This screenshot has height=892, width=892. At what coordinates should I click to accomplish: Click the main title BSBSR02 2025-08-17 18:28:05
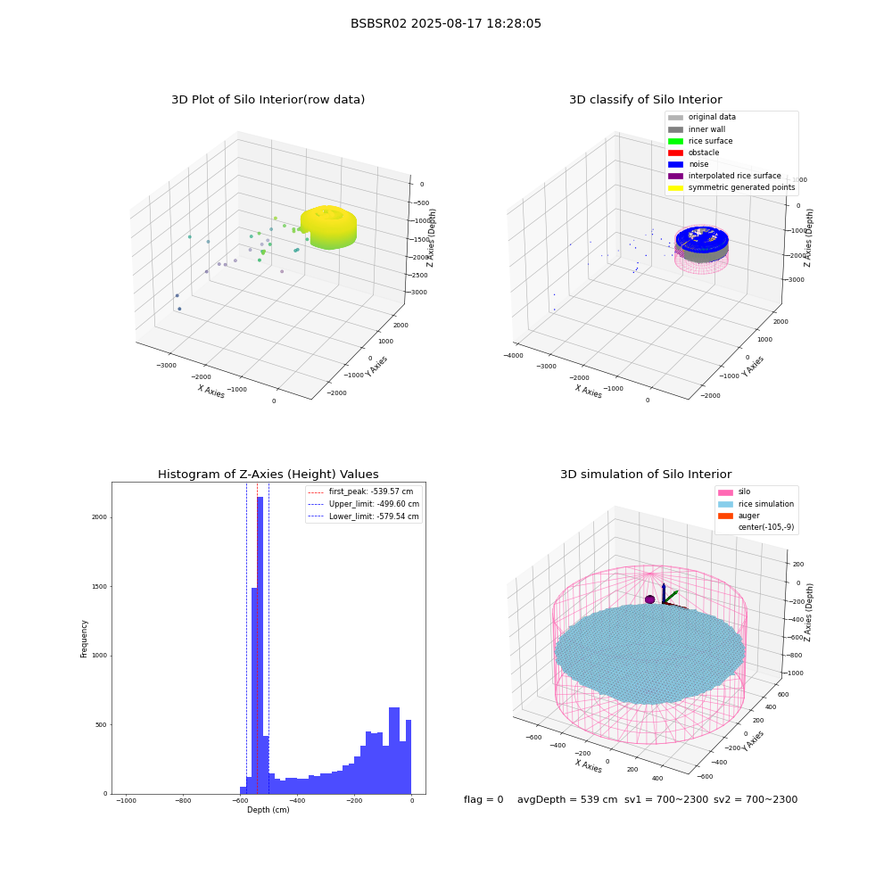[x=445, y=23]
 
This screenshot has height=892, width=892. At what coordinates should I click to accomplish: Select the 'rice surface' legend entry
[x=700, y=141]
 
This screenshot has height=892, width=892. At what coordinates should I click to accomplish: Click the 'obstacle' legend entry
[x=693, y=153]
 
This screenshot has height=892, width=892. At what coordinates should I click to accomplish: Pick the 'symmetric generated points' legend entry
[x=731, y=187]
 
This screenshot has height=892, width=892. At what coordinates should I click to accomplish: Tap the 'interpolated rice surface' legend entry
[x=724, y=176]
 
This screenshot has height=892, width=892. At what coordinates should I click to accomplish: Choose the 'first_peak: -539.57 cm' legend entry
[x=360, y=491]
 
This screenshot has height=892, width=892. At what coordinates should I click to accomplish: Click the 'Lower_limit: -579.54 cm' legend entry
[x=364, y=516]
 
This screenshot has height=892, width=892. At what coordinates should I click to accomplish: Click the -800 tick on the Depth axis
[x=183, y=800]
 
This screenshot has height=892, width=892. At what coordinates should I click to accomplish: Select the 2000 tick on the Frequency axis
[x=100, y=517]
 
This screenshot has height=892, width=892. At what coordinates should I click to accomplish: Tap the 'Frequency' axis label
[x=84, y=639]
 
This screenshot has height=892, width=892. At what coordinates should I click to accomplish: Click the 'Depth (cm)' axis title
[x=268, y=810]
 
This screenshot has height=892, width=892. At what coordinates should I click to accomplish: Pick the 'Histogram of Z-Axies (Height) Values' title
[x=268, y=474]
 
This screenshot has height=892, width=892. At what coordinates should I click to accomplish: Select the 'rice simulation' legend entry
[x=756, y=503]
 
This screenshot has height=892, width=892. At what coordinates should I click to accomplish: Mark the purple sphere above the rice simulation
[x=649, y=599]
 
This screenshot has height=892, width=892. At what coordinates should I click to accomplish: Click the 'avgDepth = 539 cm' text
[x=567, y=799]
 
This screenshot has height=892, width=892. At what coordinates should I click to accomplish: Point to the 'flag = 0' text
[x=483, y=799]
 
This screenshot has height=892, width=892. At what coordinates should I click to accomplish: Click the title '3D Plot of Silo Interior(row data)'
[x=268, y=100]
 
